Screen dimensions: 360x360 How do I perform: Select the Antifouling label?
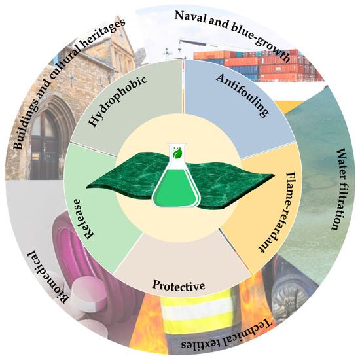(241, 94)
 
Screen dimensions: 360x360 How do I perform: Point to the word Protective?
(179, 286)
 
